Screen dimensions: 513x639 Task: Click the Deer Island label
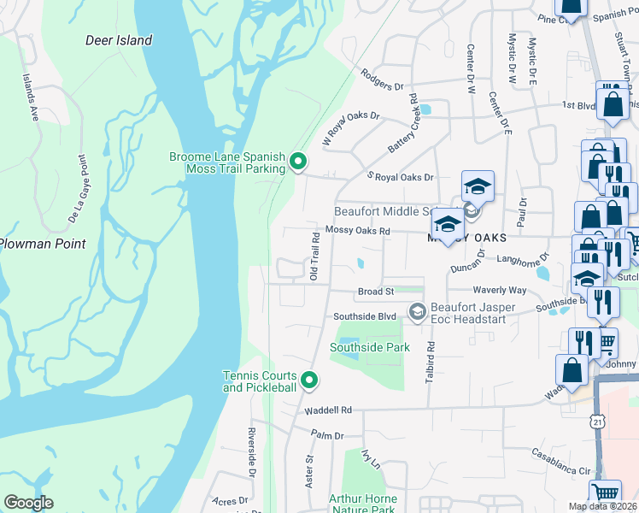[x=119, y=40]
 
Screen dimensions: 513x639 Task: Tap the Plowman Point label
[x=43, y=244]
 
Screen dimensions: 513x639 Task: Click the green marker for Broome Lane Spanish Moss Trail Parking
[x=298, y=160]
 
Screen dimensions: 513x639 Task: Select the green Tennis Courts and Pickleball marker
[x=309, y=380]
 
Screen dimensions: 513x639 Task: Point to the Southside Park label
[x=370, y=347]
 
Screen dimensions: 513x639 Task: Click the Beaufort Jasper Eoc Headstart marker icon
[x=416, y=311]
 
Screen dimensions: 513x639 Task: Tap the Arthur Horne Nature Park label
[x=363, y=504]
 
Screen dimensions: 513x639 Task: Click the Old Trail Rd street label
[x=314, y=255]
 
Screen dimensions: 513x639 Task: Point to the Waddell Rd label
[x=328, y=410]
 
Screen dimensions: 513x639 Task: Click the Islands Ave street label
[x=31, y=97]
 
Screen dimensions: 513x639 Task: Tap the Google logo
[x=28, y=503]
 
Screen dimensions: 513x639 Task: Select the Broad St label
[x=375, y=292]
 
